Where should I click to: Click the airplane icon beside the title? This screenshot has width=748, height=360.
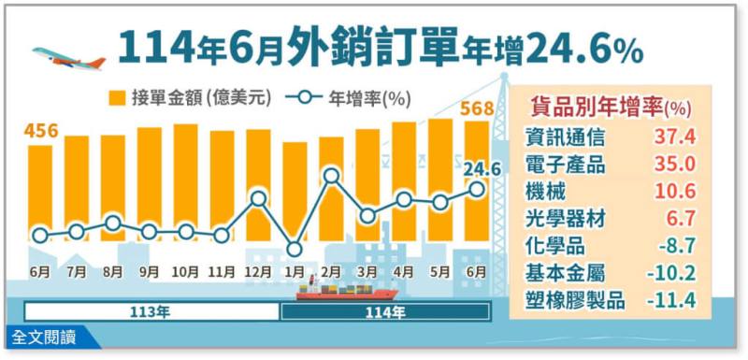click(x=68, y=57)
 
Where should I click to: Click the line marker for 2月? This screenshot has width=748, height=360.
click(x=331, y=175)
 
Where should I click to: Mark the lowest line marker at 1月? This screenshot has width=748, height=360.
click(x=295, y=249)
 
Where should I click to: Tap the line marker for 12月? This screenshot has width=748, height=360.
click(x=259, y=198)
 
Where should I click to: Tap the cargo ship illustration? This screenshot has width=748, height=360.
click(x=332, y=291)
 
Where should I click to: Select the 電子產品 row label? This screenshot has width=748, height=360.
click(x=565, y=165)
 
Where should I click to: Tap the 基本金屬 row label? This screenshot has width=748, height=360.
click(x=565, y=273)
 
